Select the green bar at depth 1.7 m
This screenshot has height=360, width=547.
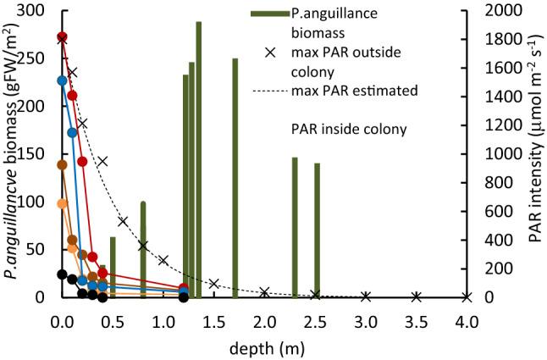click(x=235, y=178)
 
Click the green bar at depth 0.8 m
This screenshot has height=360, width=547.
click(x=143, y=249)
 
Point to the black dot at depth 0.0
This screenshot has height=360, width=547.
click(x=62, y=274)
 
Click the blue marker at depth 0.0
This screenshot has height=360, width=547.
click(x=62, y=80)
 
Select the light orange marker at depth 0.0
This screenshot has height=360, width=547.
click(x=62, y=203)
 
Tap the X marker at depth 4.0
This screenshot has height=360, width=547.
click(x=467, y=296)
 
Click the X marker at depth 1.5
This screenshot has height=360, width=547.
click(x=214, y=283)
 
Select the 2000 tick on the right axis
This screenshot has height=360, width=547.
click(x=494, y=11)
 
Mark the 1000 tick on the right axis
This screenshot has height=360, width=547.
click(x=494, y=154)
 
